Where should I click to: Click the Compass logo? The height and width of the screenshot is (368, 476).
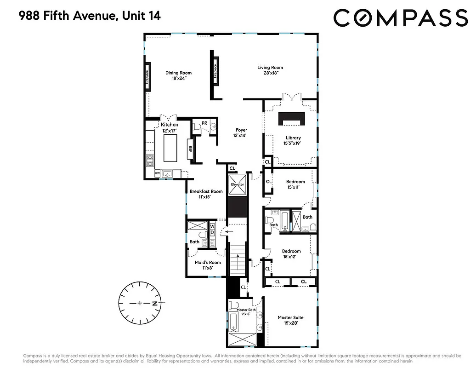[x=400, y=18]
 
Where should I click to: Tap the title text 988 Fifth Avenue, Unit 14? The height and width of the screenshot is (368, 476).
[x=90, y=17]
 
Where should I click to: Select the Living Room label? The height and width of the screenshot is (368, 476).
[x=270, y=70]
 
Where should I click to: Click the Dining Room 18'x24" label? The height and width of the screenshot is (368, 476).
[x=178, y=75]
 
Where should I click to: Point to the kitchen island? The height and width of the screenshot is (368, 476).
[x=170, y=145]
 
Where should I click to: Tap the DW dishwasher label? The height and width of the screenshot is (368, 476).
[x=157, y=173]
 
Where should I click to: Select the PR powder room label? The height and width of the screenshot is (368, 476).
[x=204, y=123]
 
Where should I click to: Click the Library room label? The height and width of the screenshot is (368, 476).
[x=293, y=140]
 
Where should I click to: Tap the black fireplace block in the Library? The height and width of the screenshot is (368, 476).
[x=292, y=119]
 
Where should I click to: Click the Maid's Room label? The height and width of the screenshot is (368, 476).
[x=204, y=265]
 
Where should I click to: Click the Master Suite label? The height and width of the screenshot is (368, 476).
[x=290, y=320]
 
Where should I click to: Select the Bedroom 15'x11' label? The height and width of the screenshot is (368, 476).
[x=295, y=184]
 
